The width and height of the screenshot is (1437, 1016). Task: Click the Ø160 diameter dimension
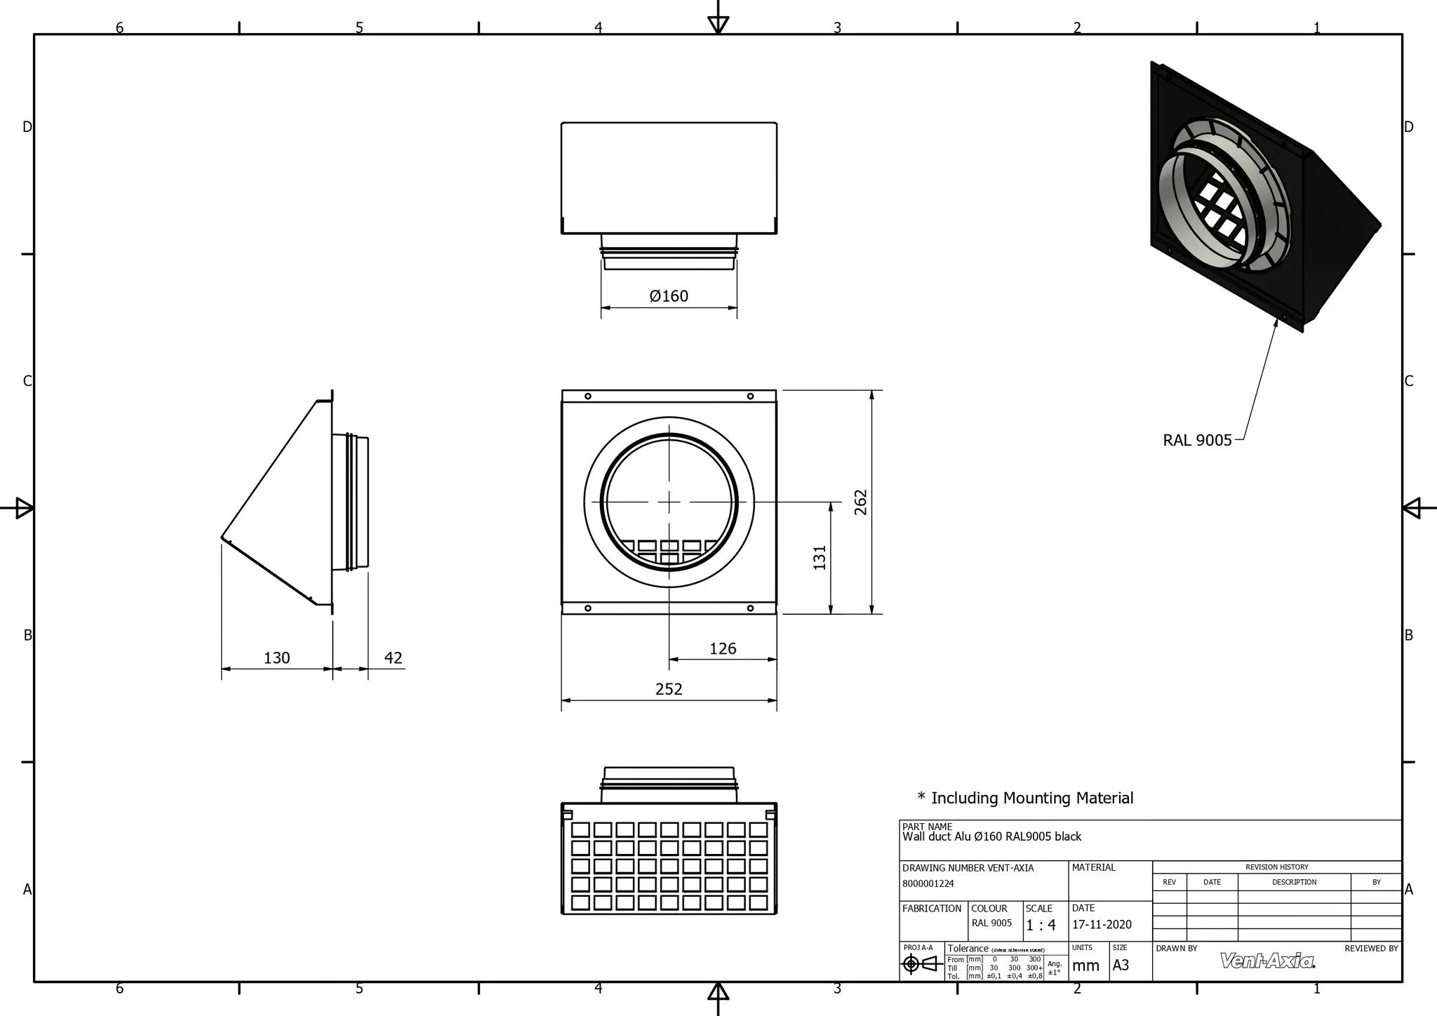click(x=669, y=296)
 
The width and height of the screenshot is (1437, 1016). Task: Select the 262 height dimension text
click(x=861, y=502)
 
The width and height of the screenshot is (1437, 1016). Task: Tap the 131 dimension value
click(x=820, y=557)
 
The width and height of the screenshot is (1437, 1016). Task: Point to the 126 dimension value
click(x=723, y=648)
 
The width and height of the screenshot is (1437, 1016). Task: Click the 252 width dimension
click(x=669, y=689)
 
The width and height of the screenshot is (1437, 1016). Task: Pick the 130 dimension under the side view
click(x=276, y=657)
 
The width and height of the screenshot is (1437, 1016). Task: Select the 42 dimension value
click(x=394, y=657)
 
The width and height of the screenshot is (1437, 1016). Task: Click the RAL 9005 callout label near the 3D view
click(x=1197, y=440)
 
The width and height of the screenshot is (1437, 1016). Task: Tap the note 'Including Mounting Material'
click(x=1026, y=798)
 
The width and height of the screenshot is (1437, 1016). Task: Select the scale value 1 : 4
click(x=1041, y=925)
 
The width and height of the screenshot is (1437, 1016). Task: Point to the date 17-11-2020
click(x=1102, y=925)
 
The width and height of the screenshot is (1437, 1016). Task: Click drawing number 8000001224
click(x=928, y=884)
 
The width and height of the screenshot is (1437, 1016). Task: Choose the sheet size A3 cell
click(x=1121, y=965)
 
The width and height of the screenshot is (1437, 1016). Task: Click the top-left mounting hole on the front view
click(x=588, y=396)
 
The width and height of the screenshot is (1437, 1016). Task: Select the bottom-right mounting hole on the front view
click(x=750, y=608)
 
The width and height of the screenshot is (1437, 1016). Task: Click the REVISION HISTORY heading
click(x=1276, y=867)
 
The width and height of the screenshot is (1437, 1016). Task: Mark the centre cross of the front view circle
click(x=669, y=502)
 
